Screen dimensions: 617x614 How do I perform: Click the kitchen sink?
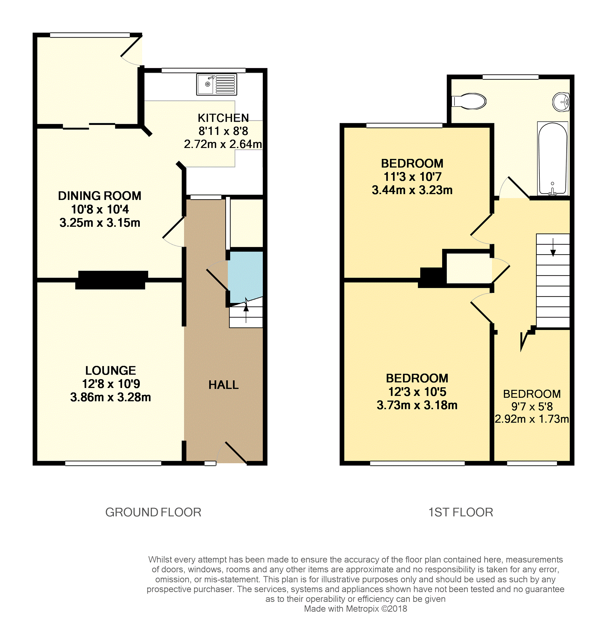[x=216, y=84]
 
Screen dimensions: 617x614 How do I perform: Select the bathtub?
[x=553, y=159]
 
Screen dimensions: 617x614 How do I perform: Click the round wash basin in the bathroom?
[x=561, y=102]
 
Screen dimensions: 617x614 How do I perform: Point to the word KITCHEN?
[x=223, y=118]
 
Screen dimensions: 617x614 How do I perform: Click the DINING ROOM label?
[x=100, y=196]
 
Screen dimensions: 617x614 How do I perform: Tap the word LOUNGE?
[x=110, y=370]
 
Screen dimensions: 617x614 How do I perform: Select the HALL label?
[x=223, y=385]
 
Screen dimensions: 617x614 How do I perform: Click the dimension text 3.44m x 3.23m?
[x=412, y=190]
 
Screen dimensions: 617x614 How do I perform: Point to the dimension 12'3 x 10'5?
[x=417, y=392]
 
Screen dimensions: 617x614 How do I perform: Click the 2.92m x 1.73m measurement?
[x=532, y=419]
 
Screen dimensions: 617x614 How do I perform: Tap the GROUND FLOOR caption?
[x=153, y=512]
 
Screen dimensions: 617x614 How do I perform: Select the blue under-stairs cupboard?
[x=245, y=275]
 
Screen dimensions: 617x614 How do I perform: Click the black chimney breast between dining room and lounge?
[x=112, y=280]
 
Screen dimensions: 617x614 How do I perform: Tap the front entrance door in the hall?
[x=236, y=453]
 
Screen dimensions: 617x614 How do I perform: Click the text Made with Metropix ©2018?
[x=355, y=609]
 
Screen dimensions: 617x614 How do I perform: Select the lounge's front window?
[x=113, y=464]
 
